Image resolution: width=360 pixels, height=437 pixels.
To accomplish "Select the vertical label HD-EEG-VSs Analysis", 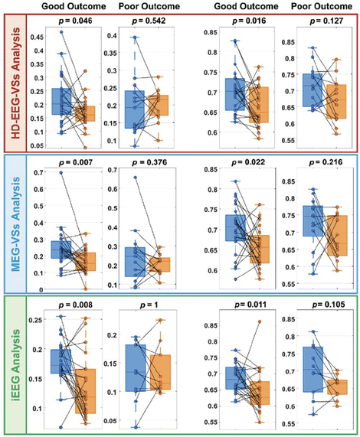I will pyautogui.click(x=15, y=83).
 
